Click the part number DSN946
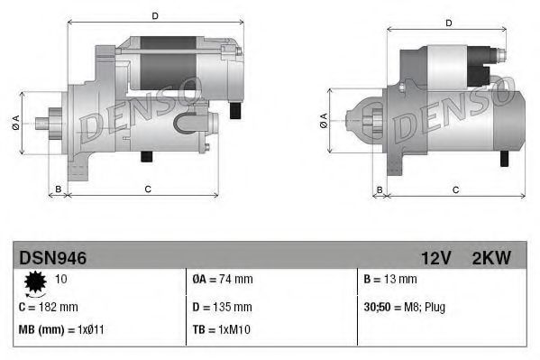pos(53,258)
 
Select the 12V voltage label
pos(435,258)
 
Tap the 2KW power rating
pos(491,258)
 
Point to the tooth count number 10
pos(62,280)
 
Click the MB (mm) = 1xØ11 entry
pos(60,329)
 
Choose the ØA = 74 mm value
pos(223,280)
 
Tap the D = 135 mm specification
pos(223,307)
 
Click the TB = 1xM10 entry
pos(221,329)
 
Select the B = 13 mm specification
pos(390,280)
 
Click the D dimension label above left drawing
pos(155,16)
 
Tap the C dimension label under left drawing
pos(147,188)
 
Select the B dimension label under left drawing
pos(59,188)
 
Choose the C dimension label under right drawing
pos(455,189)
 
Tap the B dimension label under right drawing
pos(380,189)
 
